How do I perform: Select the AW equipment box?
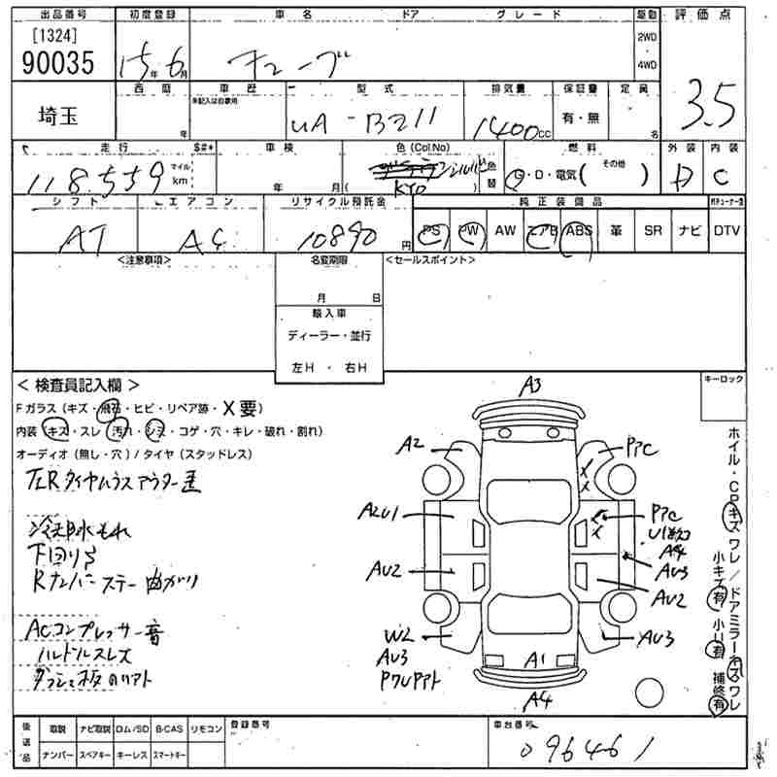(505, 231)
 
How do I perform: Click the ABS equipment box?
(579, 231)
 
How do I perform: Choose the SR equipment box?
(653, 231)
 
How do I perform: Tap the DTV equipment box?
(726, 231)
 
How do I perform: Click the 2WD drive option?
(647, 37)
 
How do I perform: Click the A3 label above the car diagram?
(530, 387)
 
